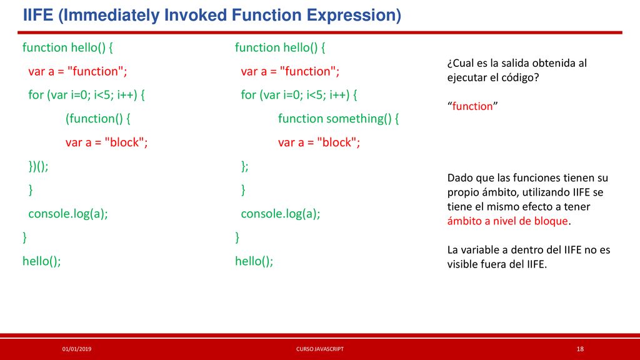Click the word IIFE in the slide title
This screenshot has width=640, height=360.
click(x=38, y=15)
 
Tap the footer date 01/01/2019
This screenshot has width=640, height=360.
click(x=77, y=349)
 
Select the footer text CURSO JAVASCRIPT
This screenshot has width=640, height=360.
click(x=320, y=349)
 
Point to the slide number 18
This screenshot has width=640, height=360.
click(x=580, y=349)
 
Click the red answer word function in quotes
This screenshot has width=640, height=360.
click(x=472, y=106)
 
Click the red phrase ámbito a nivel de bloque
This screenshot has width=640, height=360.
click(x=507, y=221)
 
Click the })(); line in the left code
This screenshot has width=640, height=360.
click(x=38, y=166)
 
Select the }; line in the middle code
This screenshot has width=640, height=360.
click(x=244, y=166)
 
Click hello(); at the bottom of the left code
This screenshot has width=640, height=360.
click(x=42, y=261)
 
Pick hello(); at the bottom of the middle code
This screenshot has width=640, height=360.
click(x=254, y=261)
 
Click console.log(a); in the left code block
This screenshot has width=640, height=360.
click(x=67, y=214)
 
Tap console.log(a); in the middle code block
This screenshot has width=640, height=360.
click(x=281, y=214)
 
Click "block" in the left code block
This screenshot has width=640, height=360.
click(x=124, y=142)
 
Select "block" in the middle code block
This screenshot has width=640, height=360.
click(x=337, y=142)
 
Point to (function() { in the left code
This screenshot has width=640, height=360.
click(x=98, y=119)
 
